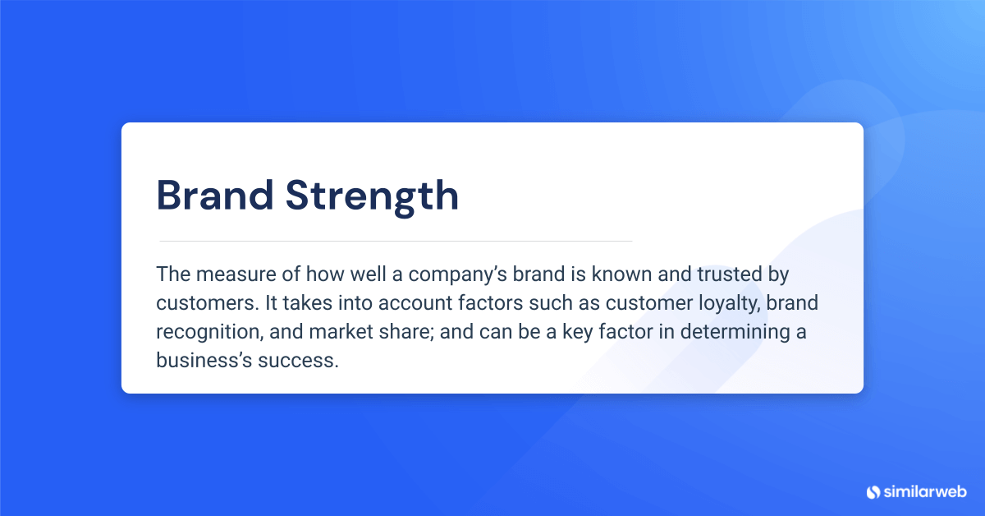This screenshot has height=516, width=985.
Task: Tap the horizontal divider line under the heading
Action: pyautogui.click(x=395, y=241)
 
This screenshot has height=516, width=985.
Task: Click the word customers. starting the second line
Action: pyautogui.click(x=207, y=303)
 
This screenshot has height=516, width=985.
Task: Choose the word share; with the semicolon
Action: pyautogui.click(x=403, y=332)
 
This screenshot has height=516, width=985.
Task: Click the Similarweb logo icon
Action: pyautogui.click(x=873, y=492)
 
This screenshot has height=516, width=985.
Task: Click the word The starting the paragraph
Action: pyautogui.click(x=171, y=274)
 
